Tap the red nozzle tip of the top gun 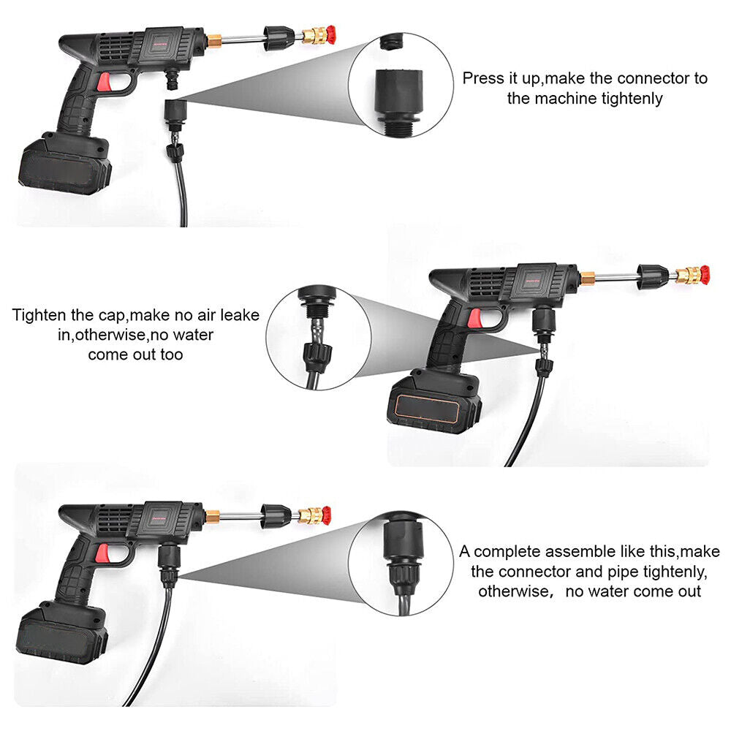[330, 35]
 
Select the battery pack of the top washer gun [65, 162]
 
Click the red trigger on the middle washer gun [475, 319]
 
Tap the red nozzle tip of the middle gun [705, 274]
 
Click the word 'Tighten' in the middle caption [39, 315]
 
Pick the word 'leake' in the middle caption [240, 315]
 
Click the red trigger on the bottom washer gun [102, 553]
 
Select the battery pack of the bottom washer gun [62, 632]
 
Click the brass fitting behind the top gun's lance [214, 40]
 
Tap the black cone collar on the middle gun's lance [652, 277]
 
